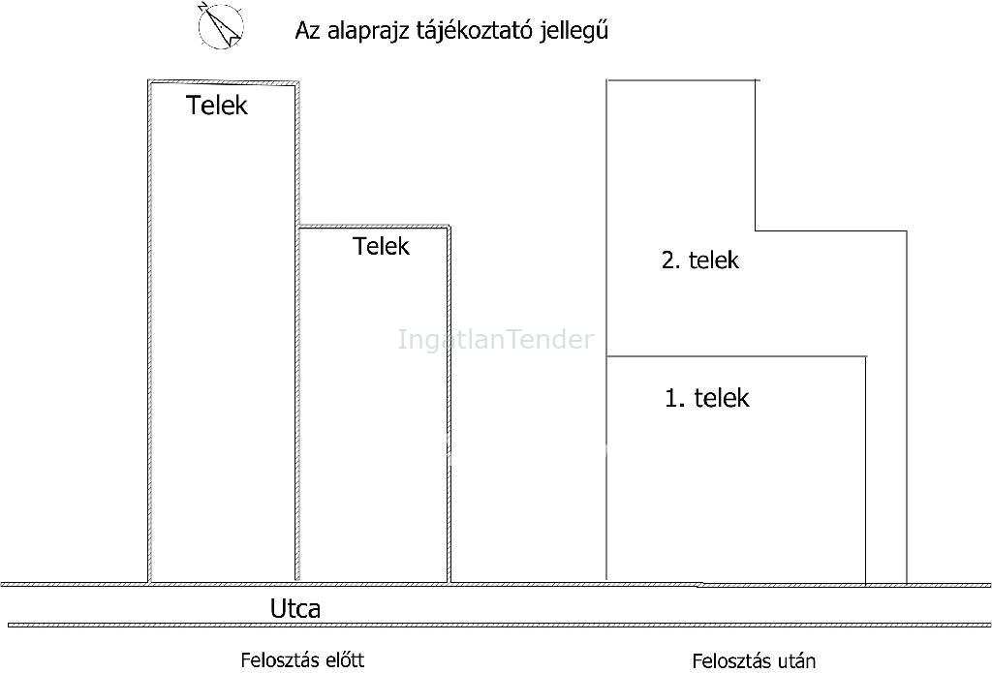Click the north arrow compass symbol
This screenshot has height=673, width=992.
[x=221, y=25]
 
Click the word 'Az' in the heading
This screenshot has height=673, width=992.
[x=308, y=31]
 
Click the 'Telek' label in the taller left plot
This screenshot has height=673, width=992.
[x=217, y=105]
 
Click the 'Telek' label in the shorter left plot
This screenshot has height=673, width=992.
[x=381, y=246]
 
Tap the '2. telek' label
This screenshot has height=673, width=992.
[x=700, y=260]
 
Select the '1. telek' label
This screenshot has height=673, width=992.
[x=707, y=398]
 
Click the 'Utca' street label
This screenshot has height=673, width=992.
[x=295, y=608]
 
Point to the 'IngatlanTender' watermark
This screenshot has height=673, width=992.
[x=496, y=340]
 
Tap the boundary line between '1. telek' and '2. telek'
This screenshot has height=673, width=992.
[x=736, y=356]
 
